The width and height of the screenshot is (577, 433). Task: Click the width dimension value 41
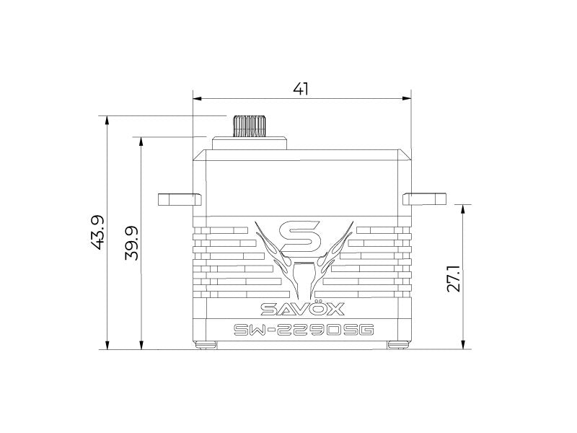click(301, 89)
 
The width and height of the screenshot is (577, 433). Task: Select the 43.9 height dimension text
click(98, 232)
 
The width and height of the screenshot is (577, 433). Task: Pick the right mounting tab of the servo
click(426, 198)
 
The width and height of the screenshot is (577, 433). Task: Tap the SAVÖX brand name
click(302, 310)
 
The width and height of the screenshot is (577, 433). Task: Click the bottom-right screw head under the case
click(397, 344)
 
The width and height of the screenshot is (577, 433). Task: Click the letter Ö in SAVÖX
click(315, 310)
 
